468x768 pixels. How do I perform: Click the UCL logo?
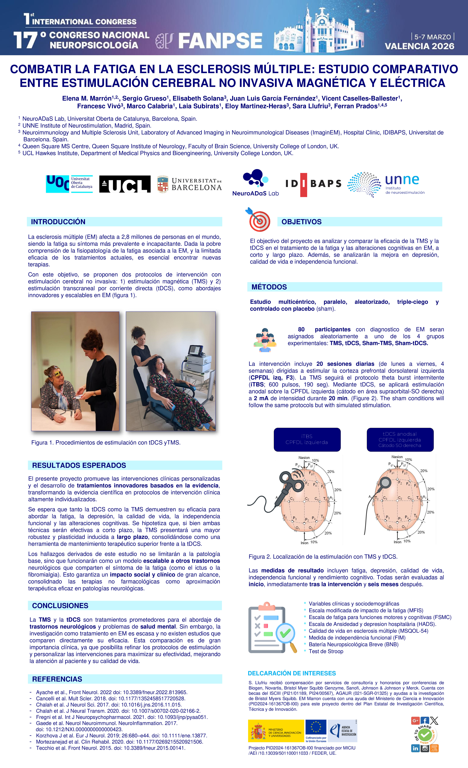(125, 184)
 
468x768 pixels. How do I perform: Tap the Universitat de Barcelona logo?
(189, 184)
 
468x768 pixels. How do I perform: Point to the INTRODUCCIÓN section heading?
(58, 222)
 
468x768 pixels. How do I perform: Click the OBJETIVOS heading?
(301, 222)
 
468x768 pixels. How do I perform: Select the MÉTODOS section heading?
(269, 287)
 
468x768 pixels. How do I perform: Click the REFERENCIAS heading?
(57, 679)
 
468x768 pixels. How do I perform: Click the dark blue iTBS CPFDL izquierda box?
(307, 439)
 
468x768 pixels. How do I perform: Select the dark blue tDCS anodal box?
(400, 439)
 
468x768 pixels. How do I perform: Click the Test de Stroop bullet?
(326, 651)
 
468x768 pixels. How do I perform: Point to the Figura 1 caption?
(106, 443)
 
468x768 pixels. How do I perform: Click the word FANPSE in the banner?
(220, 41)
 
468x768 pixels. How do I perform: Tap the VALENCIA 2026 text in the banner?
(419, 46)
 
